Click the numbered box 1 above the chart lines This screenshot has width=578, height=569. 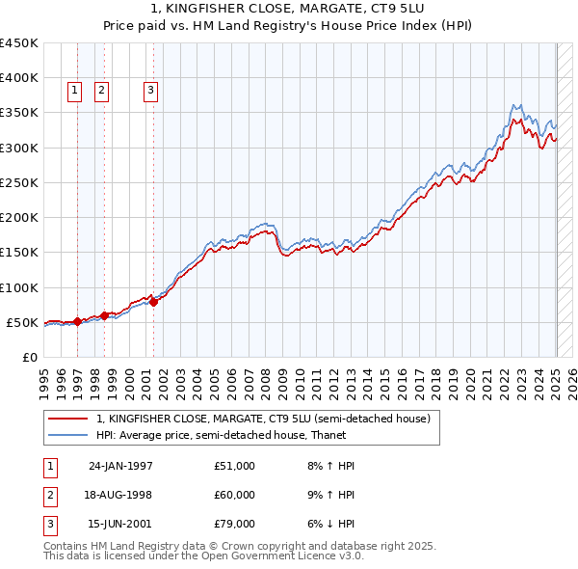point(75,92)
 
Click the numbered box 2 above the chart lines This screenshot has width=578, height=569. point(101,92)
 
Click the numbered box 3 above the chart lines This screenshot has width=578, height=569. point(151,92)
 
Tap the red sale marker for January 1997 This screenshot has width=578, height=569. point(77,321)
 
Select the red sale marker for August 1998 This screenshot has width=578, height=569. point(104,315)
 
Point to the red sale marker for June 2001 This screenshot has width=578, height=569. point(153,302)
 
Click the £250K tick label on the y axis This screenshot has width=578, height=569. point(19,182)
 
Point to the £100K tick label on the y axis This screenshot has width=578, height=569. point(19,287)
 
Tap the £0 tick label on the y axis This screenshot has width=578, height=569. point(30,357)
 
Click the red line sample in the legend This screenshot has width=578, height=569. point(68,419)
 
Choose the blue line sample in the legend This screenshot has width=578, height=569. point(68,435)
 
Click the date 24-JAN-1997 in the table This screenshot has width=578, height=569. point(120,466)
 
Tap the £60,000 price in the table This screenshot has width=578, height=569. point(235,495)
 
